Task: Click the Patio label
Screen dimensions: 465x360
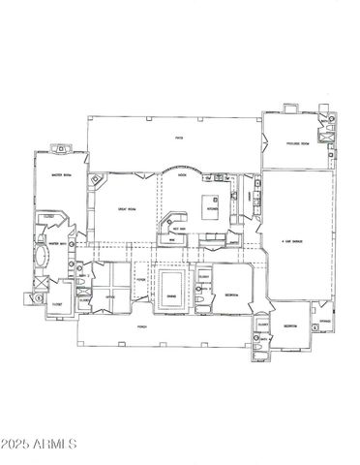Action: (179, 138)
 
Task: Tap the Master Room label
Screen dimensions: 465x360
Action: (63, 175)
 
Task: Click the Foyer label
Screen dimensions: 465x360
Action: (140, 277)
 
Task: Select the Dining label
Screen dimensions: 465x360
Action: (170, 296)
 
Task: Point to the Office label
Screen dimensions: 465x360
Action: (110, 296)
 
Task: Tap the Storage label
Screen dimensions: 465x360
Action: (325, 320)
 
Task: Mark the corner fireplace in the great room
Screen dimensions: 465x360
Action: (95, 180)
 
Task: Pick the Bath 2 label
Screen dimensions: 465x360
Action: (84, 277)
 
